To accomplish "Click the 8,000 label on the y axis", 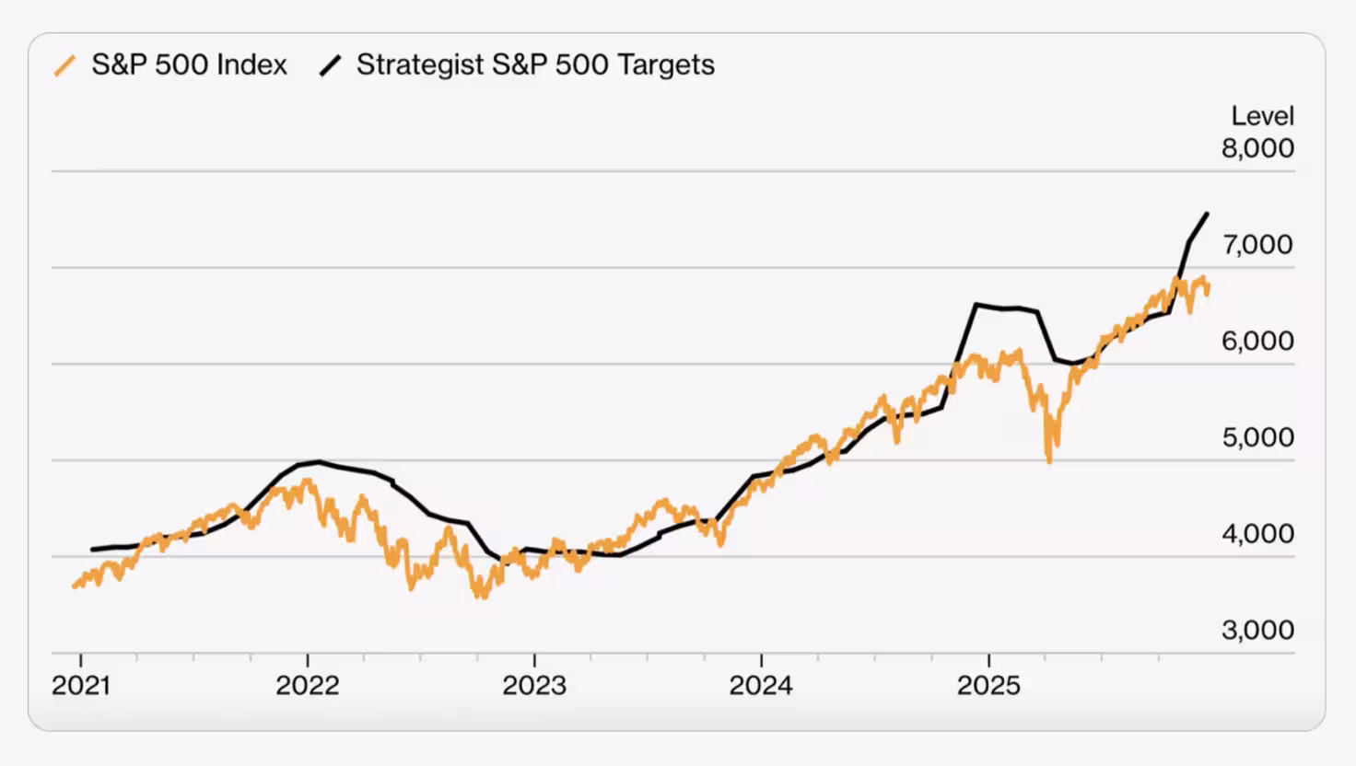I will [1257, 148].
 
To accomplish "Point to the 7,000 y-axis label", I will [1257, 245].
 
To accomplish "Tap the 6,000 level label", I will [1257, 342].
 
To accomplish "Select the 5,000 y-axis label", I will [1257, 437].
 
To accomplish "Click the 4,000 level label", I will [1257, 534].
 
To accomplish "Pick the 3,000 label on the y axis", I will [1257, 631].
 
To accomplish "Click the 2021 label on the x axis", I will [81, 686].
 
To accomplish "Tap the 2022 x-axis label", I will [308, 686].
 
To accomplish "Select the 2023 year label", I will [534, 686].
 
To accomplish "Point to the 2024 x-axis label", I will [761, 686].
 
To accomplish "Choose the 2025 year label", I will [988, 686].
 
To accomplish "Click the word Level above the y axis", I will [1262, 116].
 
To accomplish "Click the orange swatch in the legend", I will [64, 66].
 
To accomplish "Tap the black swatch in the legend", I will [330, 66].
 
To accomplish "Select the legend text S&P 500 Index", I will [189, 65].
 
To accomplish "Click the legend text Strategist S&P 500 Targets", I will [535, 65].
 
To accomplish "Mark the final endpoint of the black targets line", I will [1207, 214].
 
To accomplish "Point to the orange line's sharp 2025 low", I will [1049, 459].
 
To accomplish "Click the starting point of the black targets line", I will [92, 550].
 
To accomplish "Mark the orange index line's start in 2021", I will [75, 586].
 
